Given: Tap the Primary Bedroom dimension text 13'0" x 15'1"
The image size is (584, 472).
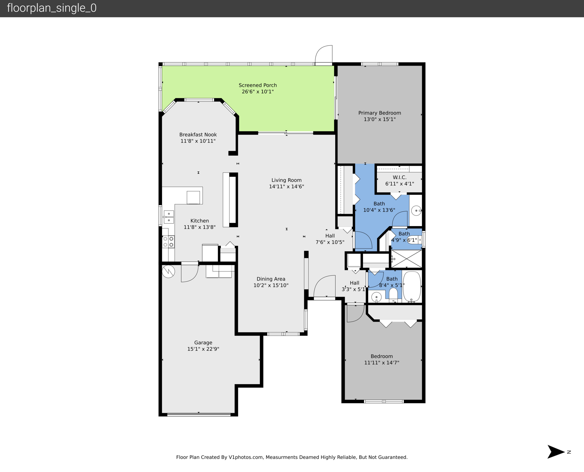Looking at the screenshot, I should [380, 119].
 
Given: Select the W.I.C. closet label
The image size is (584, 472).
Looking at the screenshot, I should [399, 177].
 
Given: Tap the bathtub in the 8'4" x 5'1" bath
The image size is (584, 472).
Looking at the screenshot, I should [412, 287].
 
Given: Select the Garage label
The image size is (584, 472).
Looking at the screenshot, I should [203, 343].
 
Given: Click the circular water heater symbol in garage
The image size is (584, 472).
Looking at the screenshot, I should [168, 271].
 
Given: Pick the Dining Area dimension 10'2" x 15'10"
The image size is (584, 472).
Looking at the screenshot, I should [271, 285].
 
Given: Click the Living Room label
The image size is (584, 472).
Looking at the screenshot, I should [286, 180].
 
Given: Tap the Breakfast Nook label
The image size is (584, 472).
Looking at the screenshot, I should [198, 134].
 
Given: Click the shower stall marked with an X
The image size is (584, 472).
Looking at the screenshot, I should [406, 259].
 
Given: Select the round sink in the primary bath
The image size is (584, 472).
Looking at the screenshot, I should [416, 210].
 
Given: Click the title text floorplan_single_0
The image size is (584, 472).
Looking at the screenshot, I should [52, 8].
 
